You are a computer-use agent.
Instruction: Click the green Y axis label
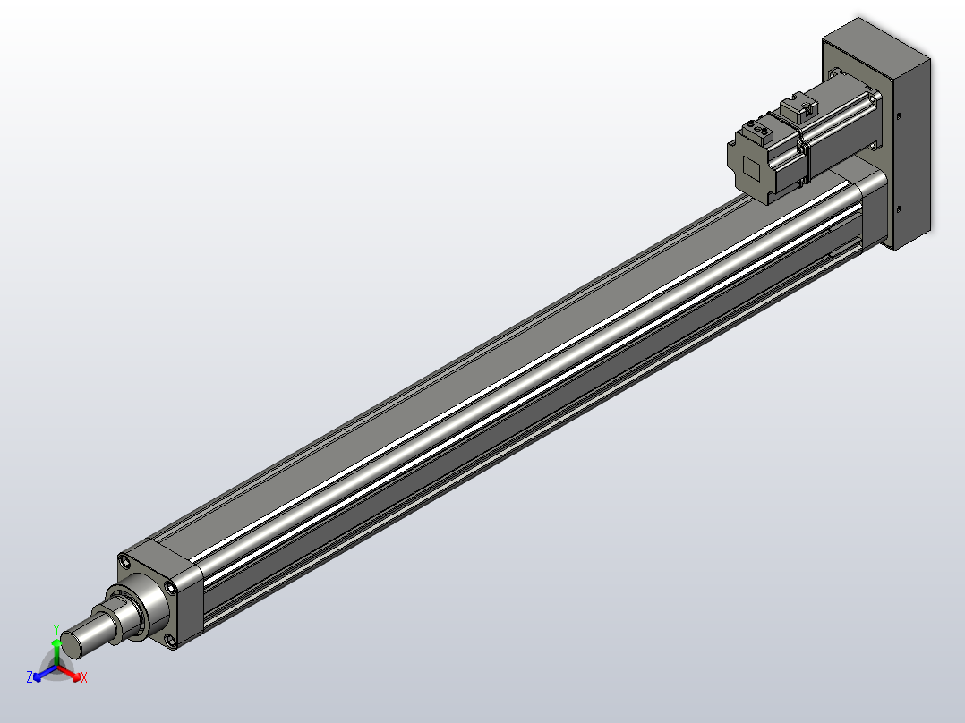[56, 630]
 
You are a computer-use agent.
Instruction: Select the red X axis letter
[83, 677]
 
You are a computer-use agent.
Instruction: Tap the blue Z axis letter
[30, 676]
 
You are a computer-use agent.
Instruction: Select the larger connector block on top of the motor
[799, 107]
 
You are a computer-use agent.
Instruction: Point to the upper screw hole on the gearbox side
[899, 115]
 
